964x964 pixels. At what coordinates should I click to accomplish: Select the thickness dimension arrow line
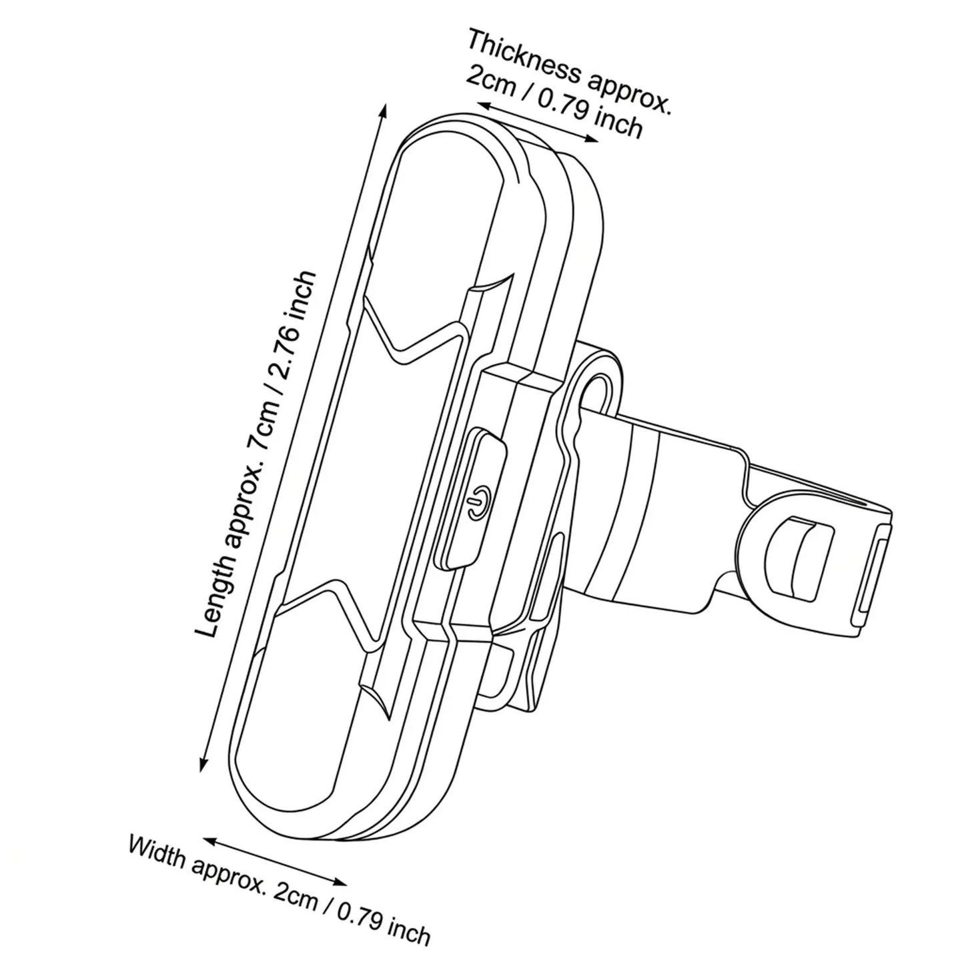coord(537,121)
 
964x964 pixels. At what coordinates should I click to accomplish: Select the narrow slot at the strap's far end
coord(870,570)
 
